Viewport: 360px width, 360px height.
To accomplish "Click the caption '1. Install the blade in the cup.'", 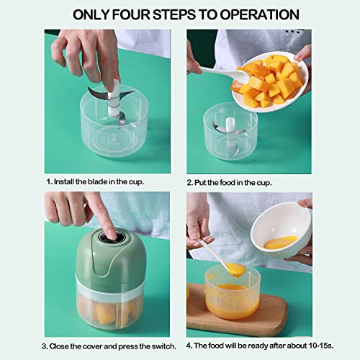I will [x=95, y=181].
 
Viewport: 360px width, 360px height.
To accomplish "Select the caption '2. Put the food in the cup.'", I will [x=229, y=181].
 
